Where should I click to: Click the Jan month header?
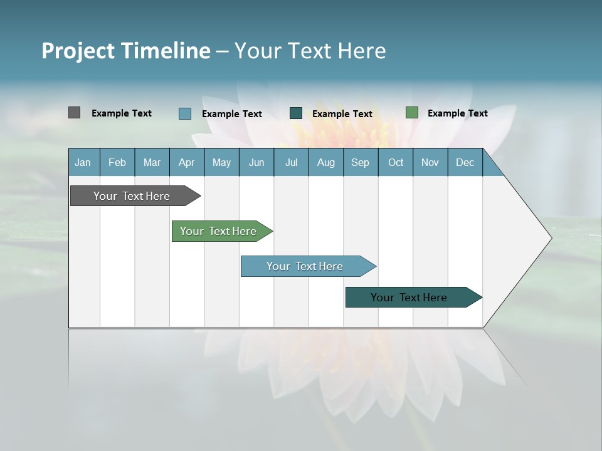coord(83,162)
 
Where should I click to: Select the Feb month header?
coord(117,162)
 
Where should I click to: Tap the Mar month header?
coord(152,162)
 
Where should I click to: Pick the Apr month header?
coord(187,162)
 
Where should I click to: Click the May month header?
coord(221,162)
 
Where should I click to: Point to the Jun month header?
coord(256,162)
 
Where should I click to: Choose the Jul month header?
coord(291,162)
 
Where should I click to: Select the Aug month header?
coord(326,162)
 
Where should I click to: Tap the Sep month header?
coord(361,162)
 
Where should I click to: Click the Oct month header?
coord(396,162)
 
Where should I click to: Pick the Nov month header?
coord(430,162)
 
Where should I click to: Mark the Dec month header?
coord(465,162)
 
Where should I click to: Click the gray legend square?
coord(74,113)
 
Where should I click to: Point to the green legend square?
coord(411,113)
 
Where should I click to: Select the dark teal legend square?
coord(296,113)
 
